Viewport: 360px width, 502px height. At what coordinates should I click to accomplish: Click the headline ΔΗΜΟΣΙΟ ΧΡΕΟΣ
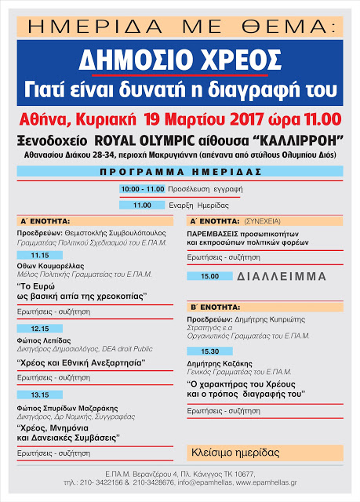(x=179, y=61)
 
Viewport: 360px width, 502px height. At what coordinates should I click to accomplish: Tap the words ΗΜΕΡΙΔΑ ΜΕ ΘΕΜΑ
(x=180, y=26)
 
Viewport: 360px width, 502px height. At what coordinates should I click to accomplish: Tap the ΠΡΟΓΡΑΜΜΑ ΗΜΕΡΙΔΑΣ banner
(x=179, y=170)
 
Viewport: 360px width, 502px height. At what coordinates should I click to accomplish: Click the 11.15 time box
(x=40, y=255)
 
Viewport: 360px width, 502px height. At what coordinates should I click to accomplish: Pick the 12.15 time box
(x=40, y=328)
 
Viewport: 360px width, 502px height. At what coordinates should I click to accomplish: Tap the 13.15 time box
(x=40, y=395)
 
